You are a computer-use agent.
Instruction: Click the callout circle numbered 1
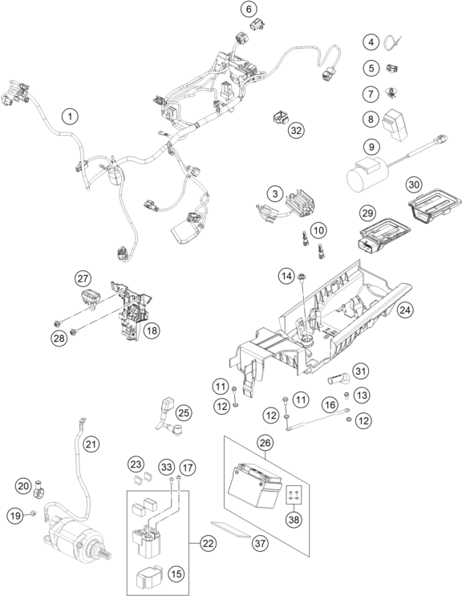(x=70, y=116)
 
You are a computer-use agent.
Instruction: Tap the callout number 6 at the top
(x=249, y=9)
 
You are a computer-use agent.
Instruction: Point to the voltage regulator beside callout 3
(x=300, y=203)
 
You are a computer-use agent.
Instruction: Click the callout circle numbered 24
(x=405, y=310)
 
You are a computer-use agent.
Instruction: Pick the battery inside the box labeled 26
(x=253, y=485)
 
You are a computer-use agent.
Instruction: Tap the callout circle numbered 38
(x=294, y=519)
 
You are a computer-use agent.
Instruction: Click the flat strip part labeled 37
(x=231, y=529)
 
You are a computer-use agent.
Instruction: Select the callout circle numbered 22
(x=209, y=544)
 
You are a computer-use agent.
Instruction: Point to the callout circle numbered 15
(x=176, y=574)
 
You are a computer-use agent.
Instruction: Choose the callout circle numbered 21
(x=91, y=444)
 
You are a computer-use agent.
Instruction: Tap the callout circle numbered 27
(x=83, y=278)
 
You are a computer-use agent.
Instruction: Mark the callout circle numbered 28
(x=59, y=338)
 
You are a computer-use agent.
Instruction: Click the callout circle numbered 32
(x=296, y=131)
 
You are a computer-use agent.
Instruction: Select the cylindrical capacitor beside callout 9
(x=368, y=176)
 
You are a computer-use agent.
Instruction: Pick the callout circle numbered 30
(x=414, y=184)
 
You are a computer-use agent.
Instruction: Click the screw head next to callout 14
(x=302, y=276)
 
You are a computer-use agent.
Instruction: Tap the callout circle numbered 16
(x=330, y=404)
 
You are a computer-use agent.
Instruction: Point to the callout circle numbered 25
(x=184, y=413)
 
